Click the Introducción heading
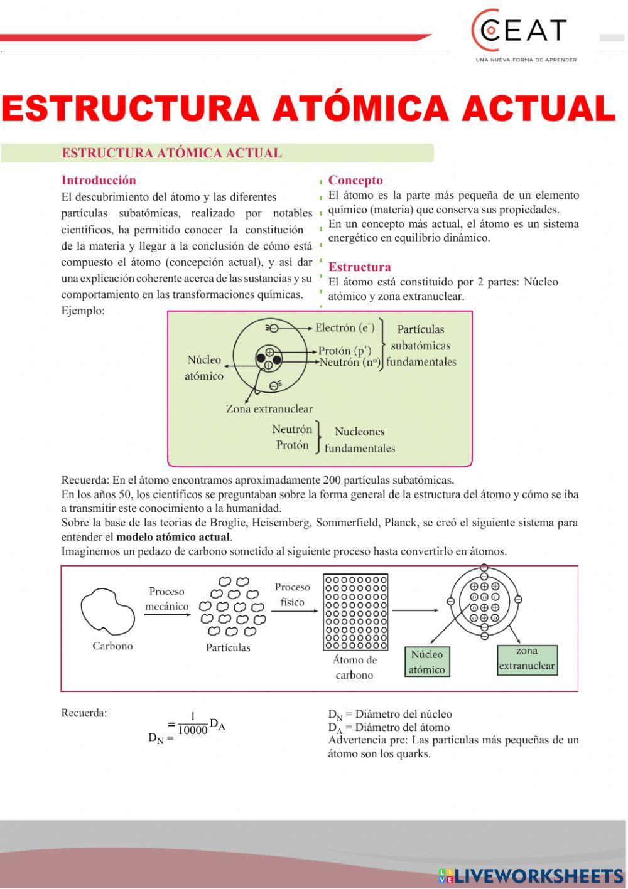(99, 180)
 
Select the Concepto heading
(355, 180)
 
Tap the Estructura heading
(359, 267)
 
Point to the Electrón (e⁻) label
(344, 327)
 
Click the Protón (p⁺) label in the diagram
(344, 351)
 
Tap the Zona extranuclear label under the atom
(269, 408)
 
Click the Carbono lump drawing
(107, 612)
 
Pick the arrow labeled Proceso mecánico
(167, 615)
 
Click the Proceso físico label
(292, 594)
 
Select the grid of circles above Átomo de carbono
(355, 612)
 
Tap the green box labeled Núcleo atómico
(427, 662)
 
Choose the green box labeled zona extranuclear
(527, 659)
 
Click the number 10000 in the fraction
(192, 730)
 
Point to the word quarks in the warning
(413, 753)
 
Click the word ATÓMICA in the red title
(360, 109)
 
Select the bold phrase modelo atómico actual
(173, 537)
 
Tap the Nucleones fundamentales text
(359, 440)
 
